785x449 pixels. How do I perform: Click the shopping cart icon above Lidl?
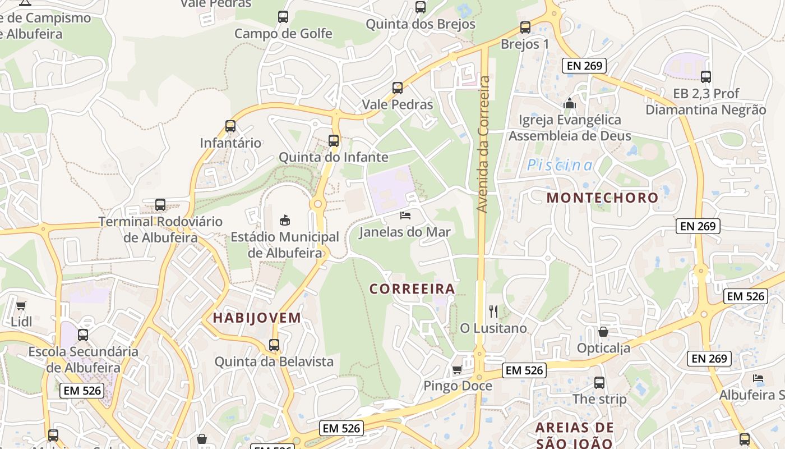pos(21,306)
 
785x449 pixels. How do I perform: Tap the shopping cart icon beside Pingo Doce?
pos(457,369)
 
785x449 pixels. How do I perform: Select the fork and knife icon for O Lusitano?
pos(493,311)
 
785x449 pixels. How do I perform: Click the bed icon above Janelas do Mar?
pos(405,215)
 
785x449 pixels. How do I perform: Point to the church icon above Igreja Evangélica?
pos(570,103)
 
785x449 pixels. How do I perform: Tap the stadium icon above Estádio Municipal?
pos(285,220)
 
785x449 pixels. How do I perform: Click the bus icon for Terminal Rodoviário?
pos(160,205)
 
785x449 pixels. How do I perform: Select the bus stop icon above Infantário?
pos(230,126)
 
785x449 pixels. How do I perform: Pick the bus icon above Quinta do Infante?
pos(334,141)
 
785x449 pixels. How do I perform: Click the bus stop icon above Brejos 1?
pos(525,27)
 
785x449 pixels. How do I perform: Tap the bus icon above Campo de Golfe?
pos(283,17)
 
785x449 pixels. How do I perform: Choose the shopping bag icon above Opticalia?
pos(603,332)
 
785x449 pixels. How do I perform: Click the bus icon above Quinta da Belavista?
pos(274,345)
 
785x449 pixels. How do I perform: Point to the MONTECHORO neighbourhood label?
pos(602,198)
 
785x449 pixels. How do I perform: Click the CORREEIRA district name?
pos(412,289)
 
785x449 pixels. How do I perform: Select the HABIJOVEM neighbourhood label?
pos(257,318)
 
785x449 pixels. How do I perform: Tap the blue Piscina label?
pos(560,165)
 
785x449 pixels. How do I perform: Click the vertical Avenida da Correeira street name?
pos(483,144)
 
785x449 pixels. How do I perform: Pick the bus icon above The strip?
pos(599,383)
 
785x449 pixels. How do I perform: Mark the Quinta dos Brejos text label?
pos(421,24)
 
